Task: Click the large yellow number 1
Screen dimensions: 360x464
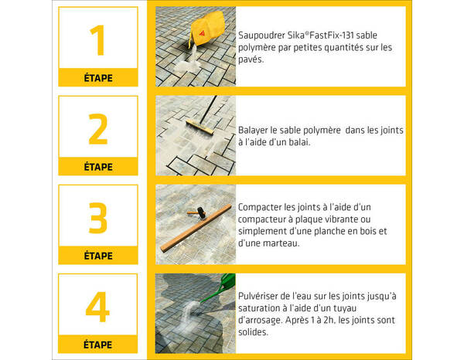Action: [97, 40]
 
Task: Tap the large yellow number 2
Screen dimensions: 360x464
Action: [97, 130]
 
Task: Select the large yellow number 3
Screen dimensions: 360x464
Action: [97, 219]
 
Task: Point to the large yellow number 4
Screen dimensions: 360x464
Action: [97, 307]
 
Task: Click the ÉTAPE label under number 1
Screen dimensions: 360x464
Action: [97, 78]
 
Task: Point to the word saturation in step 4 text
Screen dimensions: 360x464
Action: [262, 308]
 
